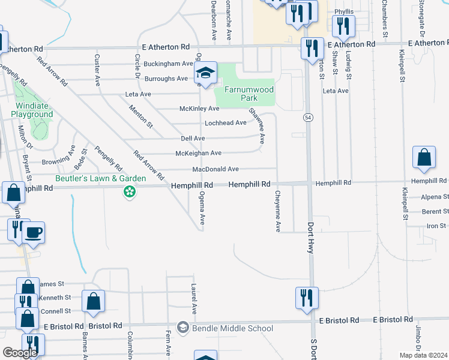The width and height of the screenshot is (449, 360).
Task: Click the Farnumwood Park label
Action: coord(249,94)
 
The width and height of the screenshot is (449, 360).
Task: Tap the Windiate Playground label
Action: coord(32,110)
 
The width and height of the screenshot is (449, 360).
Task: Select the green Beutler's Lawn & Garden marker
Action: coord(128,192)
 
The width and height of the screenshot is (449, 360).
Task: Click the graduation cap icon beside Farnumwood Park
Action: coord(205,74)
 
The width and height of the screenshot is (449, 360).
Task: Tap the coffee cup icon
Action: coord(34,232)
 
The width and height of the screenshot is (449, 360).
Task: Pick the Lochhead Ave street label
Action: coord(226,123)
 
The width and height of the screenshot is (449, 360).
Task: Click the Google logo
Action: coord(20,353)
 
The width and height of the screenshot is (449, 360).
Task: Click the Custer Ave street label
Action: coord(97,68)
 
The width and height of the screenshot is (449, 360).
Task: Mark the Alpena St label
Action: coord(435,196)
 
